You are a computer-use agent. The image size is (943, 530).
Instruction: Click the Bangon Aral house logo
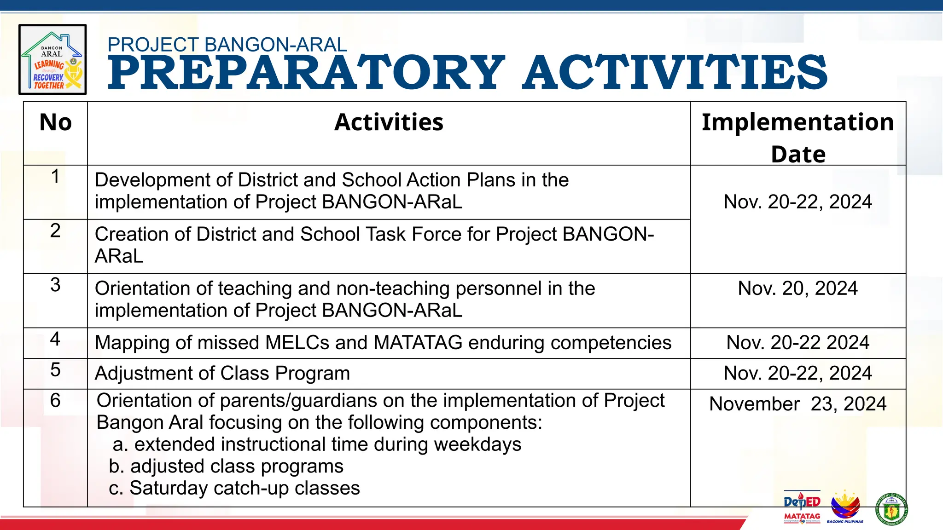pos(52,60)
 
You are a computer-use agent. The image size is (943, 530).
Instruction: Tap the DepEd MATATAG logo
pos(802,507)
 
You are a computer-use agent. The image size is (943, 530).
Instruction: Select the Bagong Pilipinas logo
pos(845,507)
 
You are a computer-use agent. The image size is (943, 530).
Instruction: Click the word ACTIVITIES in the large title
pos(675,73)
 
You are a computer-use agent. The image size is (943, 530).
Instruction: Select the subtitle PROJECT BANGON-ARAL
pos(227,45)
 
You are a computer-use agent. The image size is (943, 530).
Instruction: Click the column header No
pos(56,123)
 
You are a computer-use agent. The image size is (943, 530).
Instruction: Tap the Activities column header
pos(389,123)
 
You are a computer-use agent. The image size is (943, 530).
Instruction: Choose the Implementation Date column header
pos(798,137)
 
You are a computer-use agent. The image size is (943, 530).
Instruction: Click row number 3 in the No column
pos(55,285)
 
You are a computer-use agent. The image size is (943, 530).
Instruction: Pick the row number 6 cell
pos(55,400)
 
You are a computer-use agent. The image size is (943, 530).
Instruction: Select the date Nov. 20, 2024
pos(797,288)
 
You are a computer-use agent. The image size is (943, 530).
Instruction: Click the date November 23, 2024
pos(797,404)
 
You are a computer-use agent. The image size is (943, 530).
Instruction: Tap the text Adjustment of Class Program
pos(222,373)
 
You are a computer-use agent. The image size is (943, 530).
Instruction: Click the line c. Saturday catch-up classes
pos(234,488)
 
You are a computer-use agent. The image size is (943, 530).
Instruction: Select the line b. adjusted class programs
pos(226,466)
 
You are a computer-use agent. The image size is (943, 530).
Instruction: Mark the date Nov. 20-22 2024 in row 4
pos(797,343)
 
